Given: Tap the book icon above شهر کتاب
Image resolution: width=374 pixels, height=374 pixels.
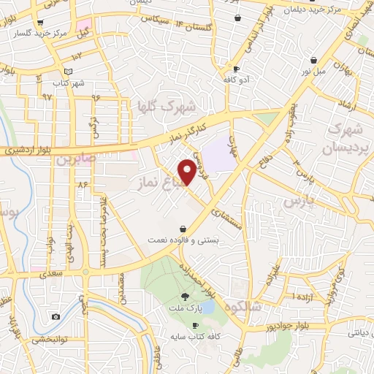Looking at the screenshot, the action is (x=68, y=71).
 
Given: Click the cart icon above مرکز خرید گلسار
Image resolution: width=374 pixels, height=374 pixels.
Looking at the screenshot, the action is (x=39, y=23).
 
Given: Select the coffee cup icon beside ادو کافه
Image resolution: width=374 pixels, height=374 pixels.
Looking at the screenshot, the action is (x=236, y=68).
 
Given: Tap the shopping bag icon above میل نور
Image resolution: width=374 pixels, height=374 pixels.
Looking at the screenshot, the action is (x=314, y=60).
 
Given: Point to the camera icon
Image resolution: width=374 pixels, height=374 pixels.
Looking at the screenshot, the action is (x=56, y=316).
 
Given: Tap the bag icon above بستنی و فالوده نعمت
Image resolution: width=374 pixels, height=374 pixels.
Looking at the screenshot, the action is (x=182, y=228).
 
